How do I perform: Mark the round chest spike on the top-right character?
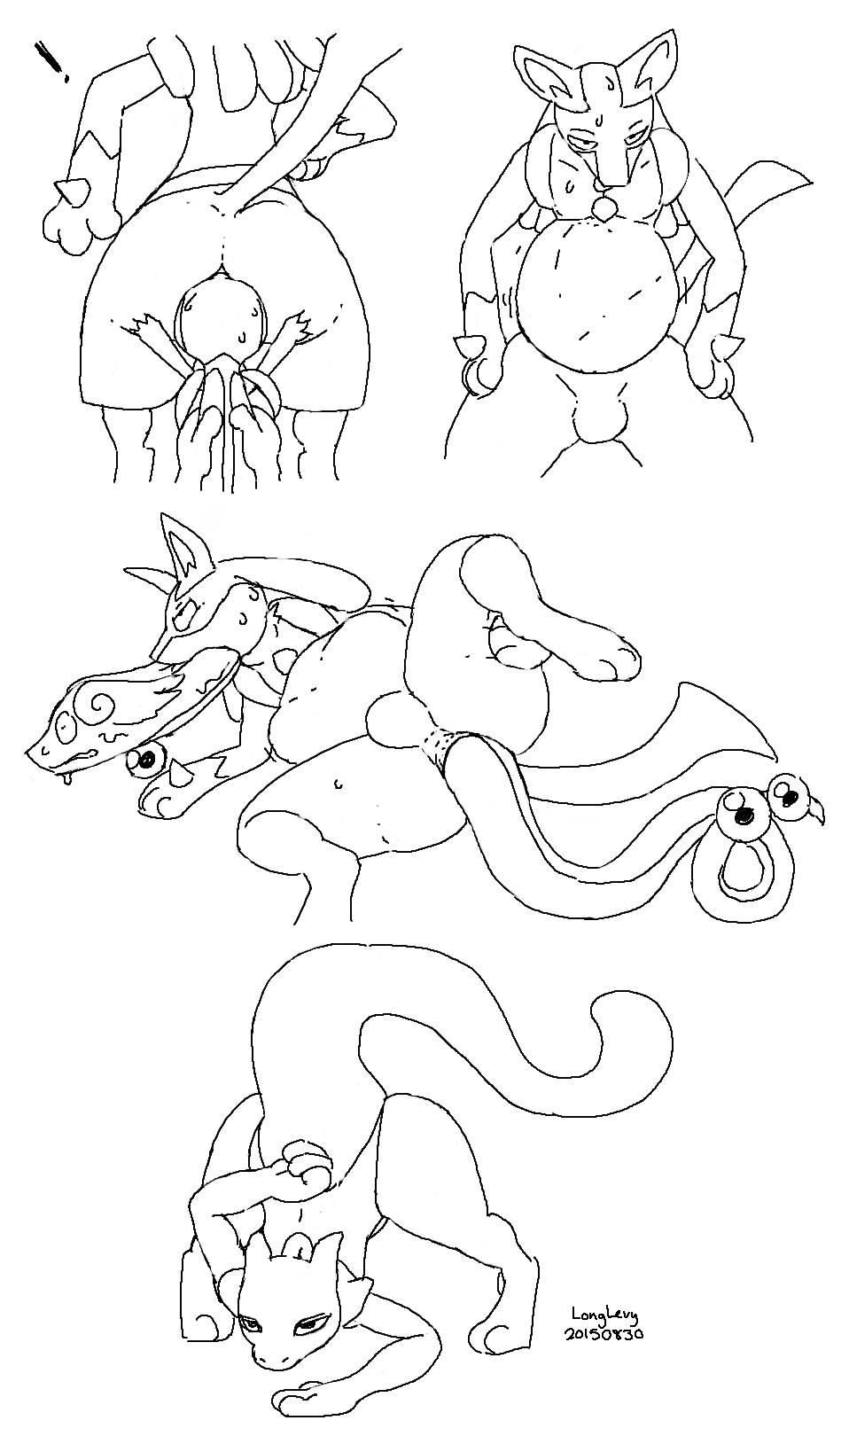(605, 207)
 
